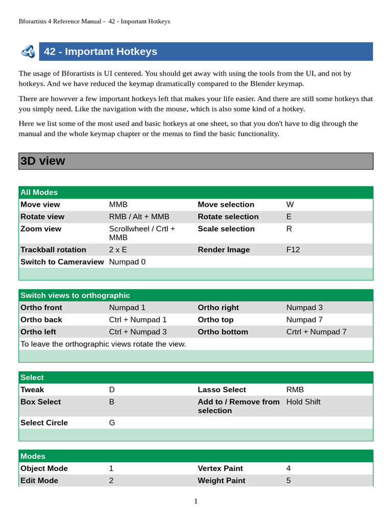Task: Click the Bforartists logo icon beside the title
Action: (x=28, y=52)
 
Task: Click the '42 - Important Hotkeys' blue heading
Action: (x=101, y=52)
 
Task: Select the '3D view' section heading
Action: (x=43, y=161)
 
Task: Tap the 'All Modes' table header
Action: (x=39, y=193)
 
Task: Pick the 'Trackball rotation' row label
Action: (x=53, y=250)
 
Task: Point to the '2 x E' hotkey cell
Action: (x=118, y=250)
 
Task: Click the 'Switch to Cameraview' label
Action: (x=62, y=262)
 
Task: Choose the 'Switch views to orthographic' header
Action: (x=75, y=295)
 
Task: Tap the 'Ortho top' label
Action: (x=215, y=320)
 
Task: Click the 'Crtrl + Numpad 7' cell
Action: (x=316, y=332)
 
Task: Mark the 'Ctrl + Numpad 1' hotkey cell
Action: (x=138, y=320)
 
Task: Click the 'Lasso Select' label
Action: (x=222, y=390)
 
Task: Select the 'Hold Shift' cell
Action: (x=303, y=402)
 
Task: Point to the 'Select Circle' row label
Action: (x=44, y=423)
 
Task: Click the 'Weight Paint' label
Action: (x=222, y=481)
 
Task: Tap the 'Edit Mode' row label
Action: (x=39, y=481)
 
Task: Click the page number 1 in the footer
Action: (x=196, y=502)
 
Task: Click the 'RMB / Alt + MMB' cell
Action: (x=139, y=217)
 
